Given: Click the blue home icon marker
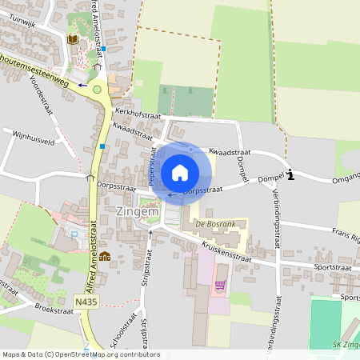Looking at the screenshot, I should click(180, 172).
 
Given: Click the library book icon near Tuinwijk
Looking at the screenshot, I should click(73, 39).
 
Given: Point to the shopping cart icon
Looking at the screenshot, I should click(220, 285).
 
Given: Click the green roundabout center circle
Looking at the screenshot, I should click(98, 90).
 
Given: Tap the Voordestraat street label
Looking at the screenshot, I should click(41, 97).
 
